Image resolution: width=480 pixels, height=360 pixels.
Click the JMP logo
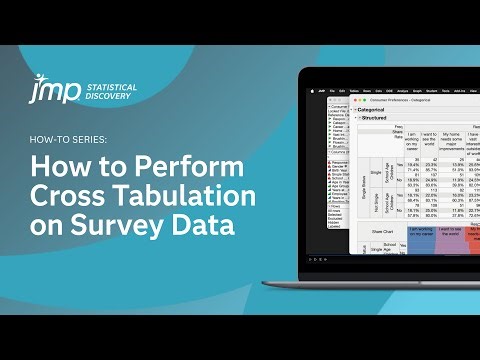pos(41,87)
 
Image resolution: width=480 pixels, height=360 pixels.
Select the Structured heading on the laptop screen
pos(376,118)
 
